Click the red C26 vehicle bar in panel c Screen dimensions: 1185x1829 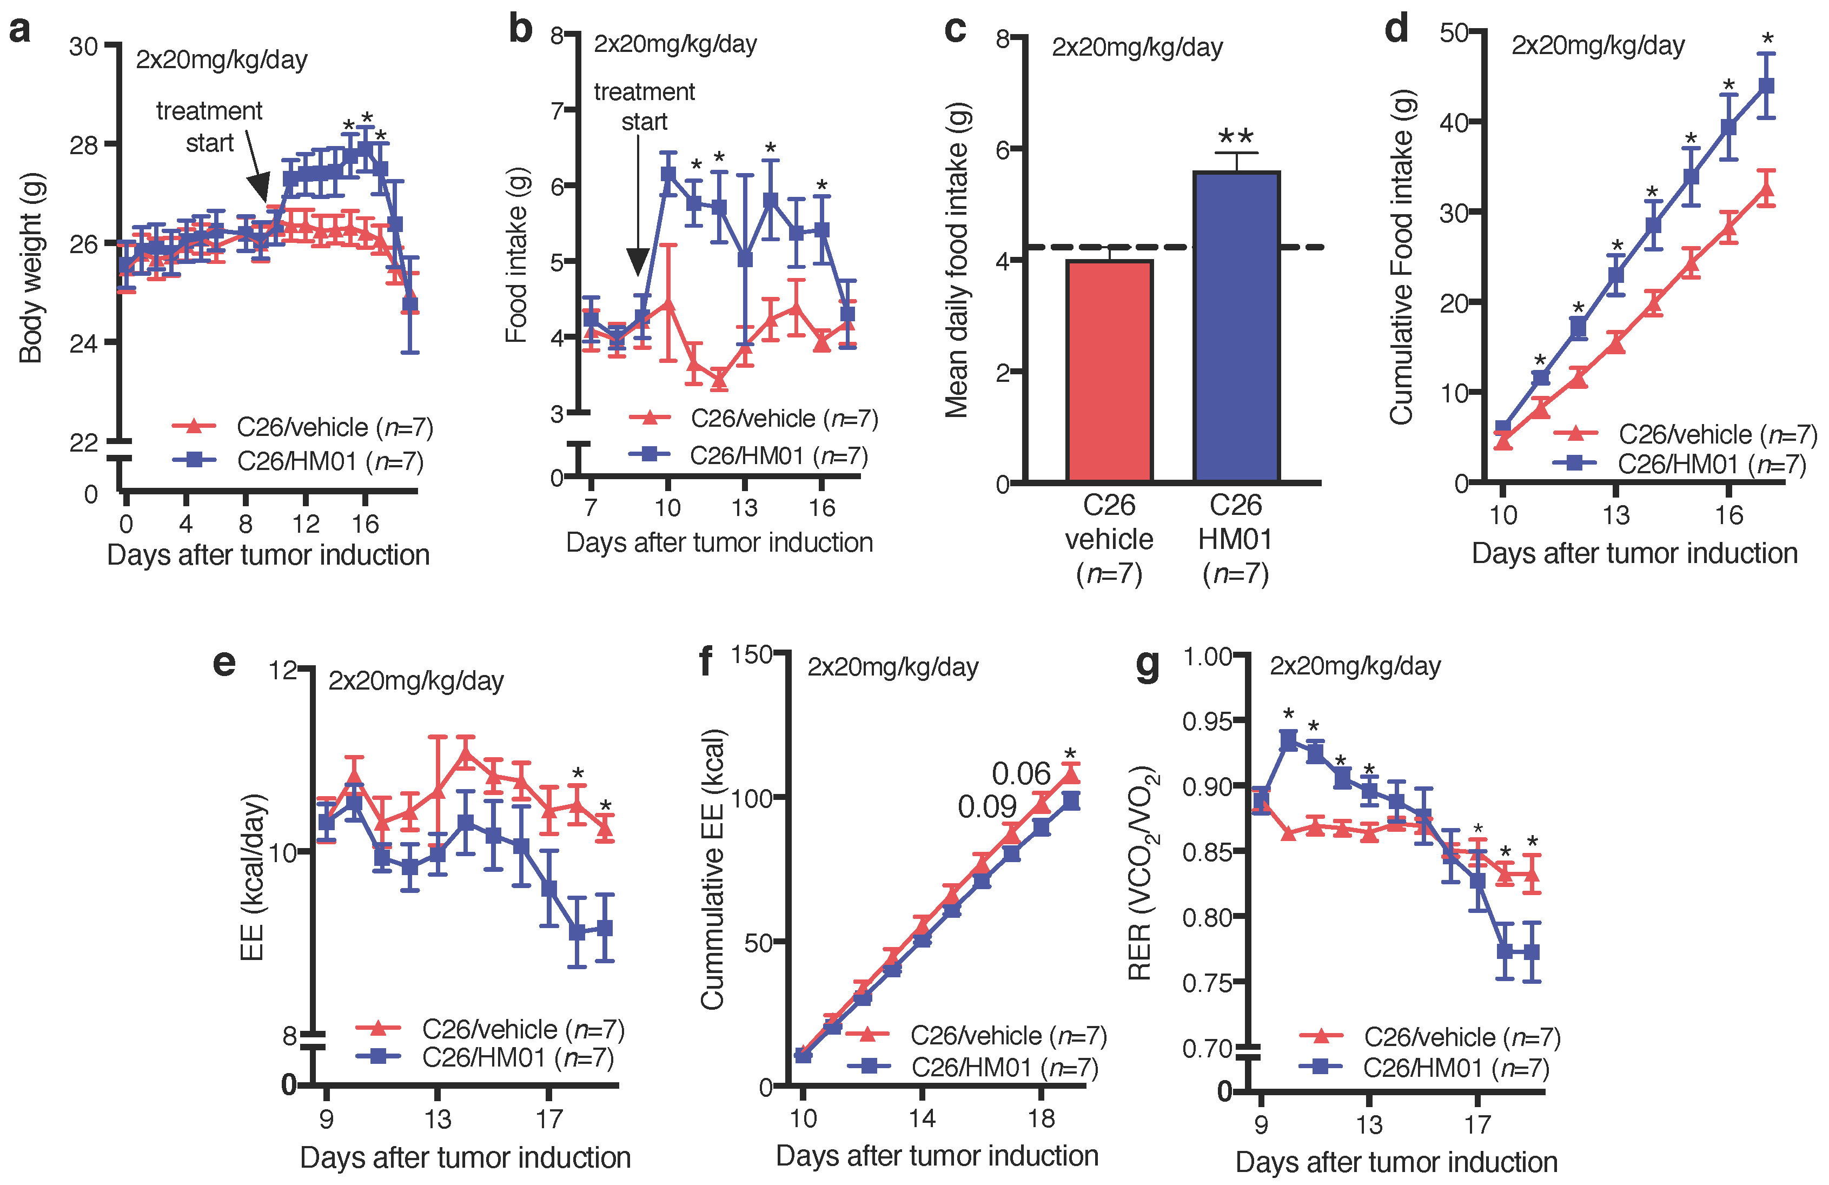pyautogui.click(x=1109, y=370)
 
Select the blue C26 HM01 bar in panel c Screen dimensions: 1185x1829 pyautogui.click(x=1236, y=327)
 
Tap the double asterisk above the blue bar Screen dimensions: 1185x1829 pyautogui.click(x=1236, y=137)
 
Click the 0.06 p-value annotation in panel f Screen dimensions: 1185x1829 pyautogui.click(x=1020, y=773)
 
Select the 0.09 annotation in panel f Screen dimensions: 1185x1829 pyautogui.click(x=987, y=807)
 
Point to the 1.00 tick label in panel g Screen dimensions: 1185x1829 pyautogui.click(x=1207, y=657)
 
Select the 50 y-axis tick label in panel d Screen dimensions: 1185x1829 pyautogui.click(x=1454, y=33)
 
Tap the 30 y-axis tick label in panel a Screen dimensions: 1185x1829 pyautogui.click(x=84, y=47)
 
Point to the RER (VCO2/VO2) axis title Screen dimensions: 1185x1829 pyautogui.click(x=1142, y=872)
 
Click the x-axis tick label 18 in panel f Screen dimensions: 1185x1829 pyautogui.click(x=1041, y=1118)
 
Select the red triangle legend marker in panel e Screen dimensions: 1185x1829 pyautogui.click(x=377, y=1028)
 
